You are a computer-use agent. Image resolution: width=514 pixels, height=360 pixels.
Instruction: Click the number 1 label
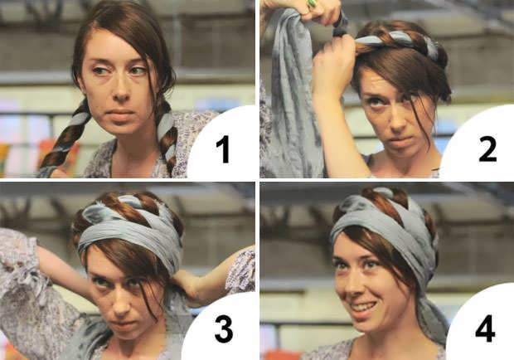tap(224, 149)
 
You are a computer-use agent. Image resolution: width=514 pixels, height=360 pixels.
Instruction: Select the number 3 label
tap(224, 329)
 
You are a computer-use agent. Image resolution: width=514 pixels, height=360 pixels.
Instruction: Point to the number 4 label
tap(485, 328)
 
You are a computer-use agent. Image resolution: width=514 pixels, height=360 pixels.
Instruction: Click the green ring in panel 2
tap(312, 4)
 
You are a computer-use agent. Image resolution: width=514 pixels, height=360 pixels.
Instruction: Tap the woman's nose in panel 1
tap(121, 90)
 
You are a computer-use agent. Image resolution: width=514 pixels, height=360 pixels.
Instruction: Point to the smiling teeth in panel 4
tap(363, 308)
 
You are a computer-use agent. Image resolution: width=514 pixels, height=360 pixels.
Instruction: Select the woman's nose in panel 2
tap(396, 120)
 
